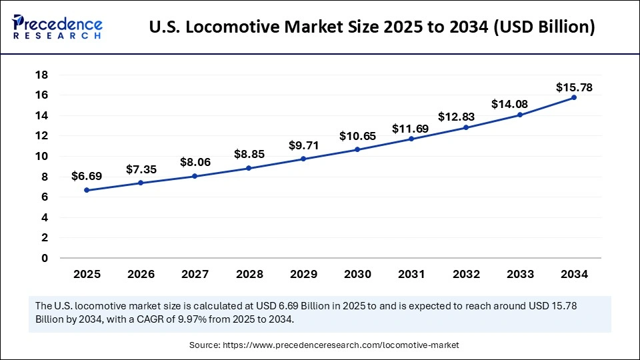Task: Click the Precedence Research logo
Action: (x=57, y=27)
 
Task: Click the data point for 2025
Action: (x=87, y=190)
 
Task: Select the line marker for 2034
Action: (x=574, y=97)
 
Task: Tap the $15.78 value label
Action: (x=574, y=87)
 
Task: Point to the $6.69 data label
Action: (x=87, y=177)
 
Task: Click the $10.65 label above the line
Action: (x=358, y=136)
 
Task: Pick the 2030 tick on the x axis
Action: (x=358, y=273)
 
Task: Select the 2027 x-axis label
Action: (x=195, y=273)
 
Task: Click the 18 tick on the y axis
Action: (x=41, y=75)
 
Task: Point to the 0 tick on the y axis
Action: (x=45, y=258)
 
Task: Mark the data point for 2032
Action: (x=466, y=127)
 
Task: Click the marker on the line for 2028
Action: (x=249, y=168)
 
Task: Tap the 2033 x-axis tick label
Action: (x=520, y=273)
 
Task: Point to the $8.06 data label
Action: (x=195, y=161)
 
